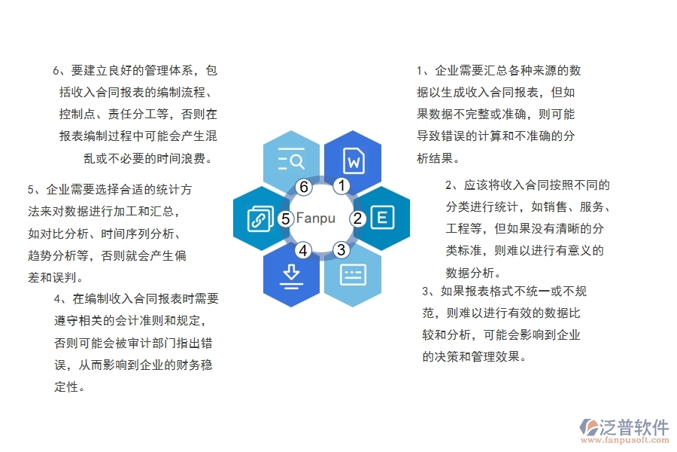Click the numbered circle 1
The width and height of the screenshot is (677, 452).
[341, 186]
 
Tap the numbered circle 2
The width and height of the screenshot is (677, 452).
[359, 218]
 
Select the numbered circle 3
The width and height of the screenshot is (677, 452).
[341, 249]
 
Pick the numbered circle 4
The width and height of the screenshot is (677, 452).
[303, 249]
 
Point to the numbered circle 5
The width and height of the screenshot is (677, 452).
[285, 218]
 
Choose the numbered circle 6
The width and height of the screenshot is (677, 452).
[304, 186]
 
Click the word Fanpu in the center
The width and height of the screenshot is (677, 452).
[316, 218]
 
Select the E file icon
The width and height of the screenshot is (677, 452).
[381, 218]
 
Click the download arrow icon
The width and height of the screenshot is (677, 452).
[291, 276]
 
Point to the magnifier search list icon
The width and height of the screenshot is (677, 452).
[291, 160]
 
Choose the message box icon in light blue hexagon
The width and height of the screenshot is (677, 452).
[353, 275]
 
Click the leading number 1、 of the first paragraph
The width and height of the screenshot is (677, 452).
[423, 72]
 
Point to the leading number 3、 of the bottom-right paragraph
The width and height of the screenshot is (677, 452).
[429, 292]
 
